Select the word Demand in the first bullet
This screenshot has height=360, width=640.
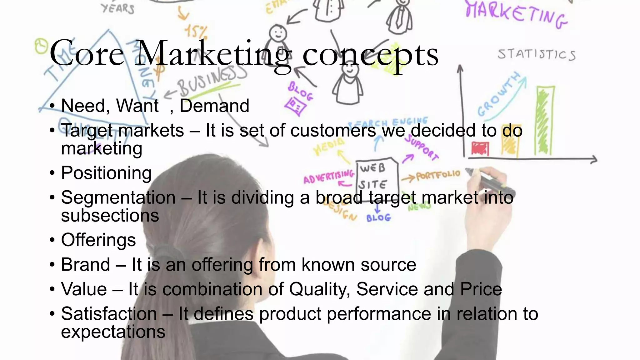click(x=214, y=106)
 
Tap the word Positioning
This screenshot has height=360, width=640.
click(x=106, y=173)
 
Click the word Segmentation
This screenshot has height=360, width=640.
click(x=118, y=198)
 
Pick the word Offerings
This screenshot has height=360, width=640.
click(x=98, y=240)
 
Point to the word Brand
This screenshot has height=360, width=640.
click(x=86, y=265)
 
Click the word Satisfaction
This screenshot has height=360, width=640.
click(x=109, y=314)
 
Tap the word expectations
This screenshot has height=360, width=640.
click(x=113, y=332)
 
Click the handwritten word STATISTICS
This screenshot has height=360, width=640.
click(x=536, y=54)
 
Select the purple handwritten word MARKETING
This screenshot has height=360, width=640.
click(x=516, y=14)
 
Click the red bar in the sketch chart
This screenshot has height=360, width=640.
click(x=480, y=149)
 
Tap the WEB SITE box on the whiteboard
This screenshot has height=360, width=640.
click(x=377, y=177)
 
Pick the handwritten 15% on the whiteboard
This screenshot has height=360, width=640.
click(x=196, y=32)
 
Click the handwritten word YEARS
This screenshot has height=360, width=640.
click(x=118, y=8)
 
